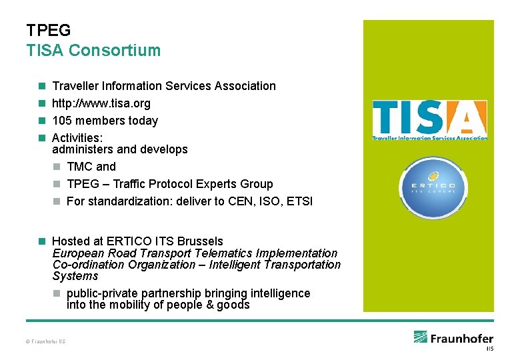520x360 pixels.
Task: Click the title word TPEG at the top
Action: coord(48,31)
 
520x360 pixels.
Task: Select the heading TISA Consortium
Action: coord(93,51)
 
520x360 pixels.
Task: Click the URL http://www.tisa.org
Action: coord(101,103)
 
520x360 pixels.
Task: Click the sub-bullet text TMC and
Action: coord(91,167)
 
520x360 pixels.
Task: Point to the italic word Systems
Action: coord(75,276)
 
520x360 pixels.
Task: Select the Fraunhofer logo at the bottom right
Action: coord(453,339)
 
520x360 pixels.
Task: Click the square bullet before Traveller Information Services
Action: coord(41,86)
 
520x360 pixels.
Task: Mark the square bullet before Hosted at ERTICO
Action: coord(41,241)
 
